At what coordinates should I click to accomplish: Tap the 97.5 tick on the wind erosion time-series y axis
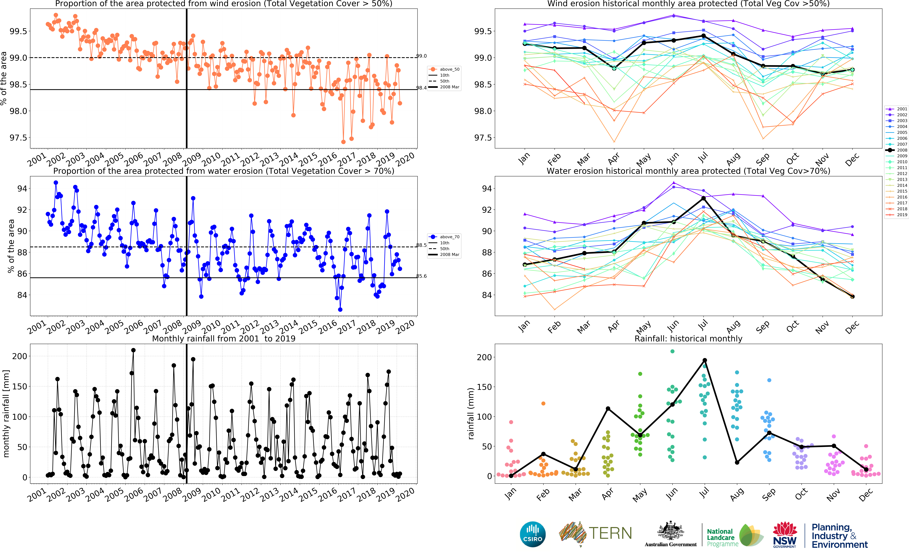tap(18, 138)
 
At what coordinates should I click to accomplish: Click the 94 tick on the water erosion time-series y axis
tap(22, 189)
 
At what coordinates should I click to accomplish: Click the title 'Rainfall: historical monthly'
tap(688, 338)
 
